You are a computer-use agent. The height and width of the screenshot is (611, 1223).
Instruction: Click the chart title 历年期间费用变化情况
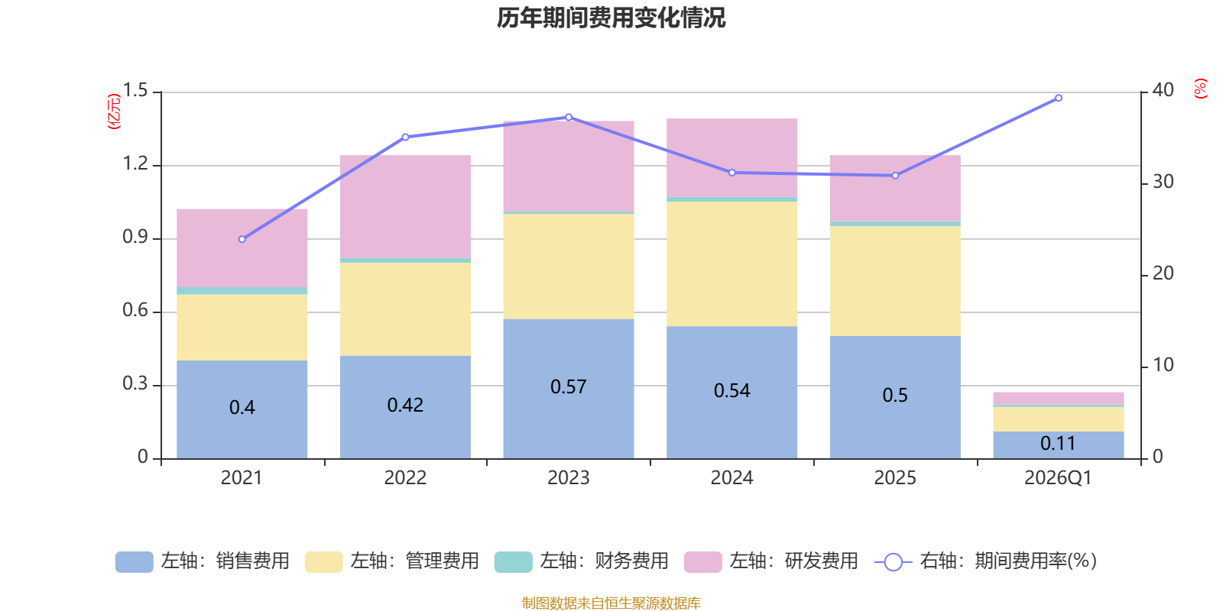pyautogui.click(x=611, y=18)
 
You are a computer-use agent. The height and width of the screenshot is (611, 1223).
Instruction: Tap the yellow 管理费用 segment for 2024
pyautogui.click(x=732, y=263)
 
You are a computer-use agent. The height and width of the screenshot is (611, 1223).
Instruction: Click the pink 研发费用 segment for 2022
pyautogui.click(x=404, y=206)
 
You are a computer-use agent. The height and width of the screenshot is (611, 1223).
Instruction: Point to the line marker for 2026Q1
pyautogui.click(x=1059, y=98)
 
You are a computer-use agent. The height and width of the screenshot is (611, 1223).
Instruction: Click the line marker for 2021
pyautogui.click(x=242, y=239)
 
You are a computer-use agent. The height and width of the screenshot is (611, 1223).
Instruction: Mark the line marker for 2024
pyautogui.click(x=732, y=173)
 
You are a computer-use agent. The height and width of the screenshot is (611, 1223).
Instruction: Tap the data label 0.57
pyautogui.click(x=568, y=387)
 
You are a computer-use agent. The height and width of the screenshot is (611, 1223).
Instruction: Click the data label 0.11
pyautogui.click(x=1058, y=443)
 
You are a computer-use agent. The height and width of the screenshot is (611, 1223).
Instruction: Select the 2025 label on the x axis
pyautogui.click(x=894, y=478)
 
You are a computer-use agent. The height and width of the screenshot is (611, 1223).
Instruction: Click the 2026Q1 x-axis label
pyautogui.click(x=1058, y=478)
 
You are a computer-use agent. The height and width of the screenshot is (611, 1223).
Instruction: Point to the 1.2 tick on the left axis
pyautogui.click(x=135, y=164)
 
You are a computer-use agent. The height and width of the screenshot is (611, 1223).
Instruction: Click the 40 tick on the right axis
pyautogui.click(x=1163, y=90)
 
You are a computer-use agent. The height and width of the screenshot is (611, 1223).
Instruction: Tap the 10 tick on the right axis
pyautogui.click(x=1163, y=365)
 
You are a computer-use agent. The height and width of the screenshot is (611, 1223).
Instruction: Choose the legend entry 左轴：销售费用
pyautogui.click(x=203, y=561)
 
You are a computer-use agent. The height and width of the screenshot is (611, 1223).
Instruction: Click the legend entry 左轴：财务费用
pyautogui.click(x=582, y=561)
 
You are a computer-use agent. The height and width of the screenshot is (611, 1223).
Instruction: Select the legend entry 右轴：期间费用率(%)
pyautogui.click(x=986, y=561)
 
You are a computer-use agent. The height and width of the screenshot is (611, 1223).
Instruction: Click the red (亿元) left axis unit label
pyautogui.click(x=114, y=112)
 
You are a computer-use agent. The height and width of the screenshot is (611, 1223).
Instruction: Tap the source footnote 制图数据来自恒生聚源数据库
pyautogui.click(x=611, y=603)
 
